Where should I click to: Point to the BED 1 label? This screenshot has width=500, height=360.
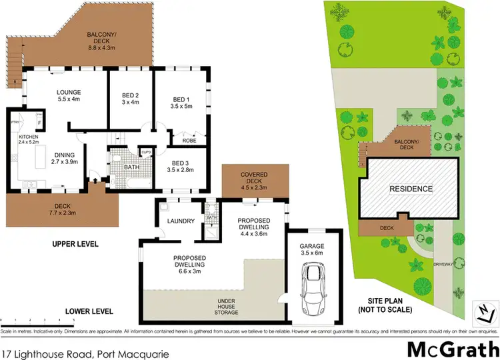181,101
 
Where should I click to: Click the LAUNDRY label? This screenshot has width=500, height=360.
181,221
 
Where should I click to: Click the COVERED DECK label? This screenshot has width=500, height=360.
254,179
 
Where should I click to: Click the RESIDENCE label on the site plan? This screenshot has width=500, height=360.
411,189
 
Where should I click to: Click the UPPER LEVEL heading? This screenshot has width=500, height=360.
75,245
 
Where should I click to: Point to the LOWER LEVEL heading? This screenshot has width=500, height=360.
89,311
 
